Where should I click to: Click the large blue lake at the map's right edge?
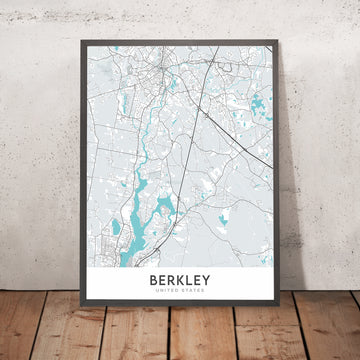(x=260, y=103)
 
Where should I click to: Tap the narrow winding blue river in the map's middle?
(x=147, y=150)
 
